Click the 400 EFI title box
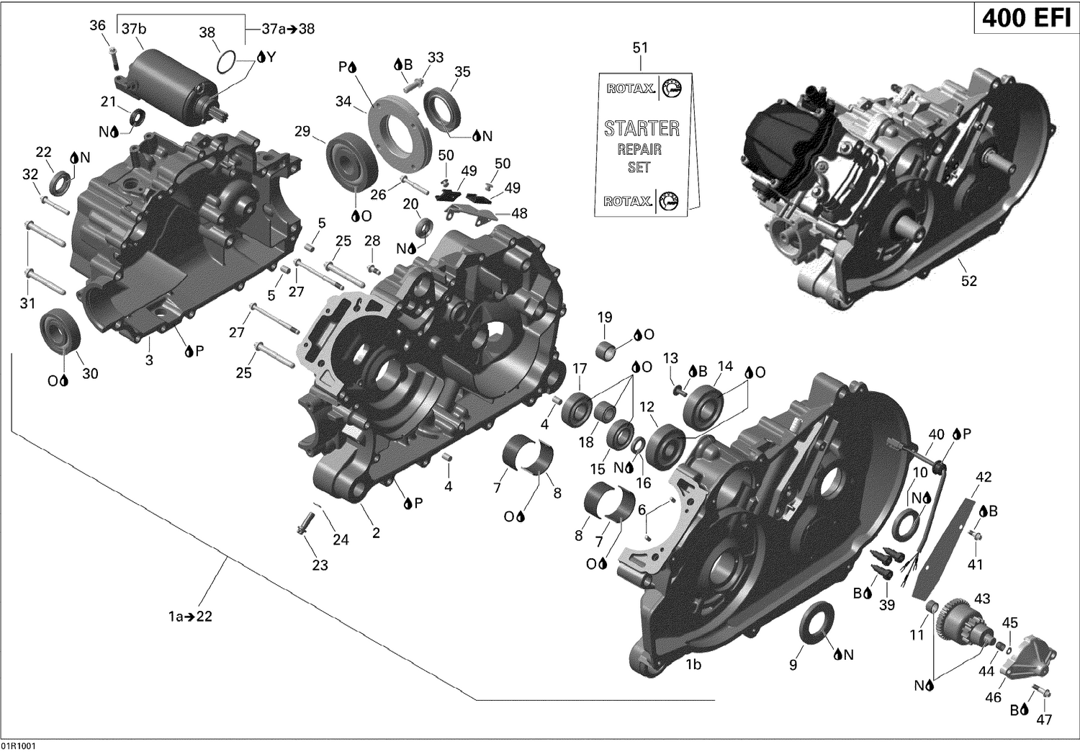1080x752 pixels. coord(1026,17)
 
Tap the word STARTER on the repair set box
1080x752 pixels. coord(641,128)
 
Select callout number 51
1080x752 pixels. coord(640,48)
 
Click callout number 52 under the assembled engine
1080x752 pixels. coord(969,280)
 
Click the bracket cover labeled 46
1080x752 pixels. coord(1030,661)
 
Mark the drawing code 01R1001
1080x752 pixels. coord(19,746)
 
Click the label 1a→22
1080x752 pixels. coord(190,617)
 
